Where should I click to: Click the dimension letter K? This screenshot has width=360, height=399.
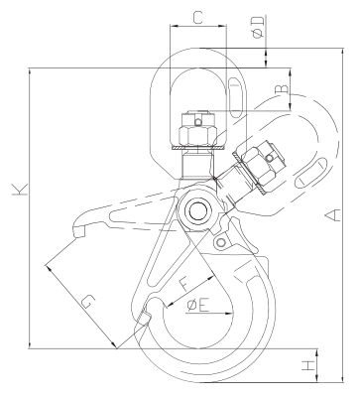(20, 189)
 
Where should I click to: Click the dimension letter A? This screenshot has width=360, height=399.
(333, 215)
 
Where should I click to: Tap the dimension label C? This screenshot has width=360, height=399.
(197, 18)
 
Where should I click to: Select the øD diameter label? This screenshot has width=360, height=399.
(259, 27)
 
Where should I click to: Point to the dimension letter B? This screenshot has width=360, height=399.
(283, 88)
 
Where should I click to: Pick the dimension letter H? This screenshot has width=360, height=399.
(308, 365)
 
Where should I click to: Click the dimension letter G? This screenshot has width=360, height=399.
(88, 302)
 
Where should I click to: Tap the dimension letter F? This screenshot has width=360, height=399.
(184, 284)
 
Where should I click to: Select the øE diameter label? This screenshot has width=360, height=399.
(198, 305)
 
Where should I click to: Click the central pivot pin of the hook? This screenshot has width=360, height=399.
(197, 211)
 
